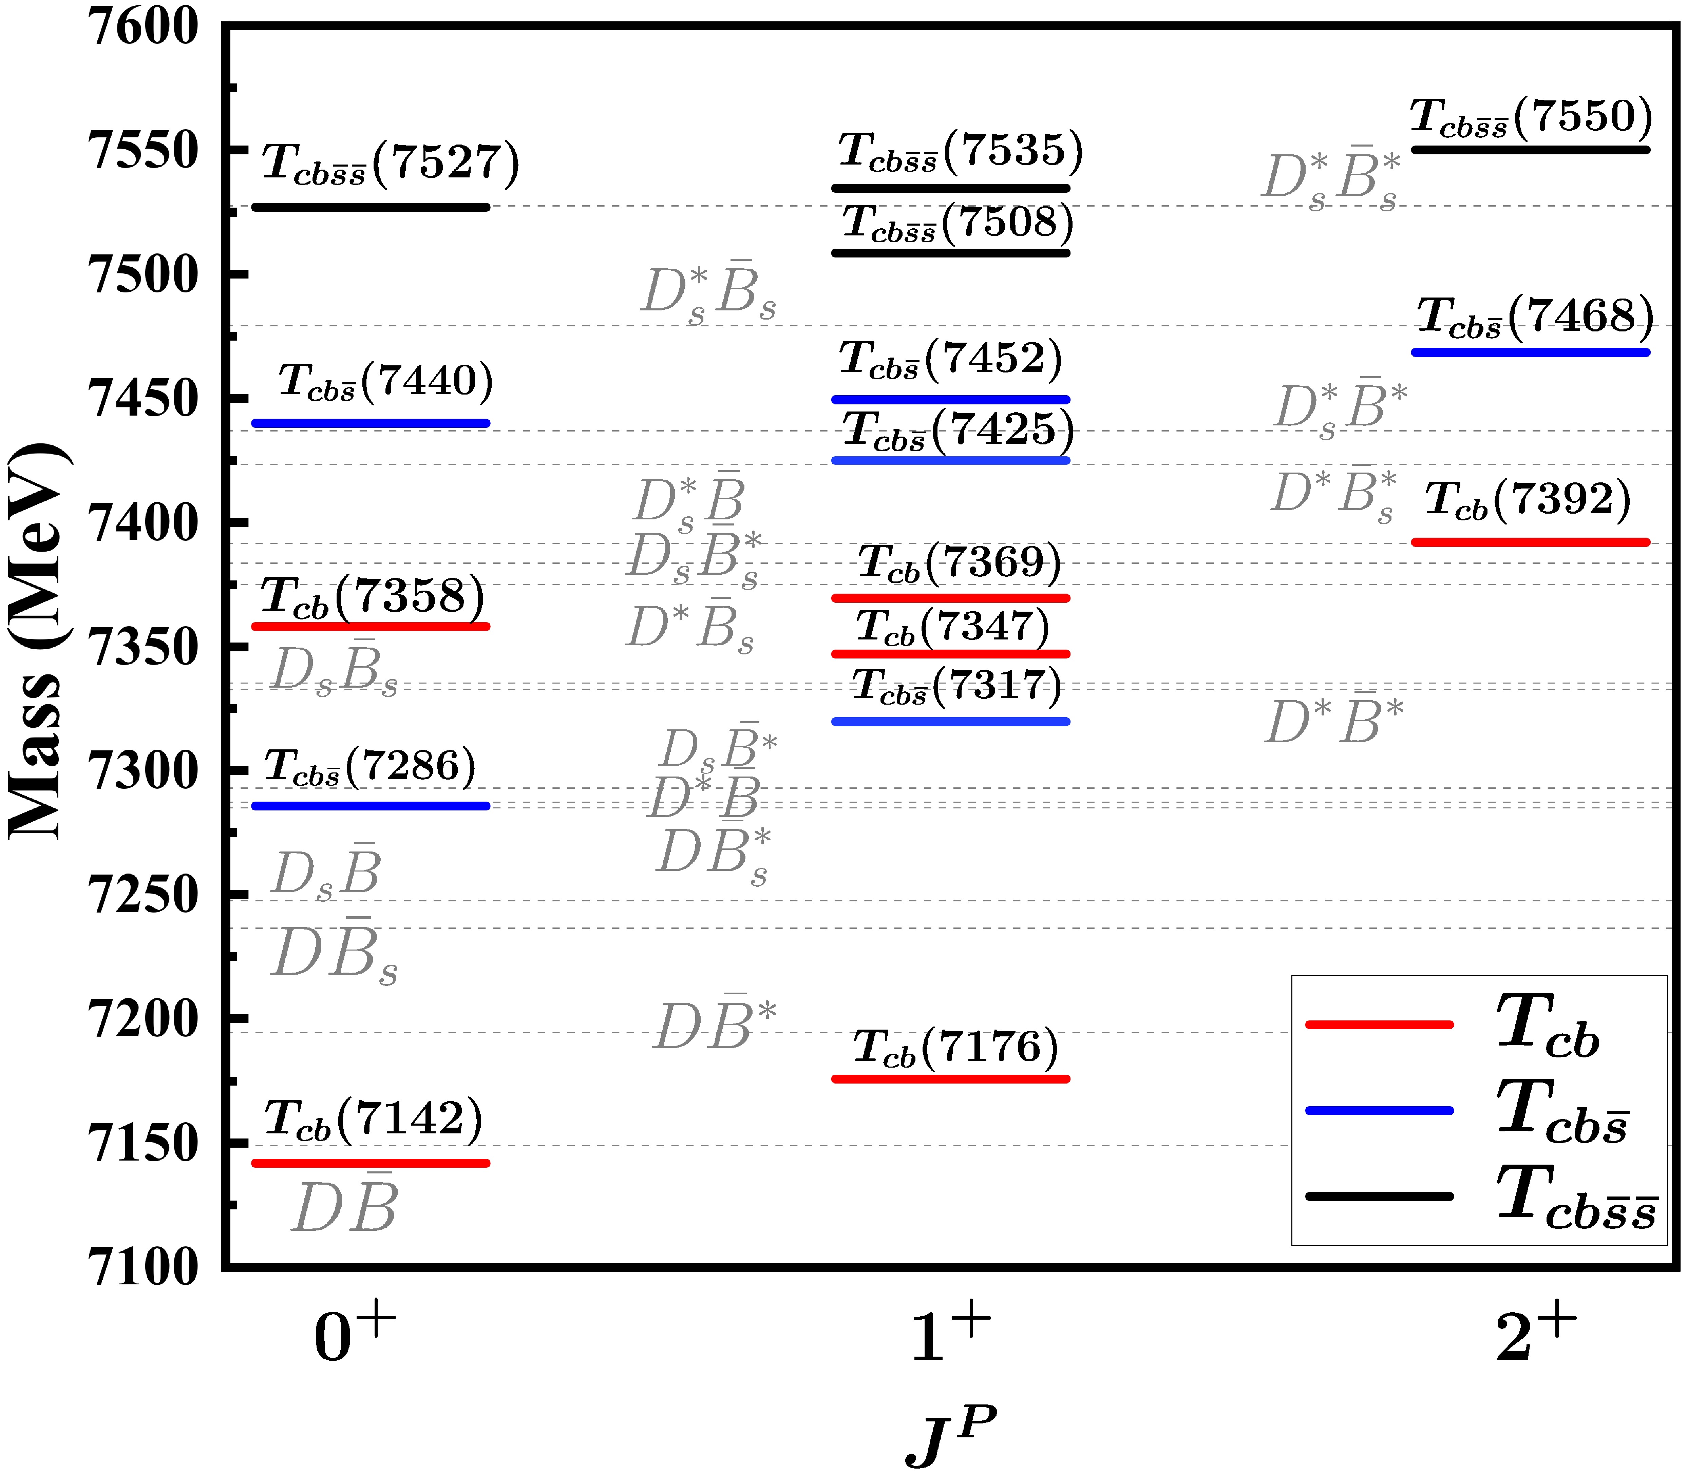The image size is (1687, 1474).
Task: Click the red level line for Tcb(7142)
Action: [370, 1163]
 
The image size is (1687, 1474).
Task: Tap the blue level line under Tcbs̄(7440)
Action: [370, 424]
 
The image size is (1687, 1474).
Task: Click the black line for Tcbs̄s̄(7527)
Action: [370, 207]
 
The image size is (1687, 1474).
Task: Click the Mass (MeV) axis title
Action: [37, 642]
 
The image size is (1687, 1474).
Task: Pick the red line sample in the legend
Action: [1379, 1025]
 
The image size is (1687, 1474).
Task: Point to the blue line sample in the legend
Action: [1379, 1110]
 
